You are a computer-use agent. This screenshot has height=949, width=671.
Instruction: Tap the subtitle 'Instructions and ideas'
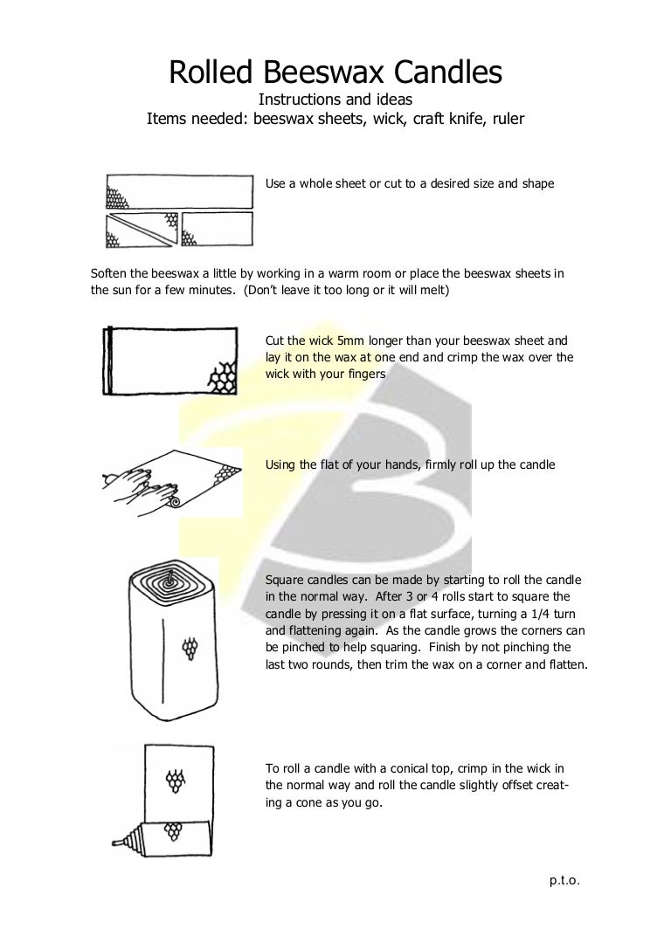pos(335,100)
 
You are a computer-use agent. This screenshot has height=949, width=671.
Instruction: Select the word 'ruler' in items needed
pos(507,119)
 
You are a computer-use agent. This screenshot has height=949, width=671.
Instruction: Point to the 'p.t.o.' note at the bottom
pos(564,881)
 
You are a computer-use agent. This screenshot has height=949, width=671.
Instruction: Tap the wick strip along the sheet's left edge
pos(107,361)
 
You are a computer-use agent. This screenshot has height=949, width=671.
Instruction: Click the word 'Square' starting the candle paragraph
pos(285,581)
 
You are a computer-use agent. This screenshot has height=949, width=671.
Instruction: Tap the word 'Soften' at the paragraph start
pos(110,273)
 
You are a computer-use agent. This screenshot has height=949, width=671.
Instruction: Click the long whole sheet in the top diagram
pos(179,191)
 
